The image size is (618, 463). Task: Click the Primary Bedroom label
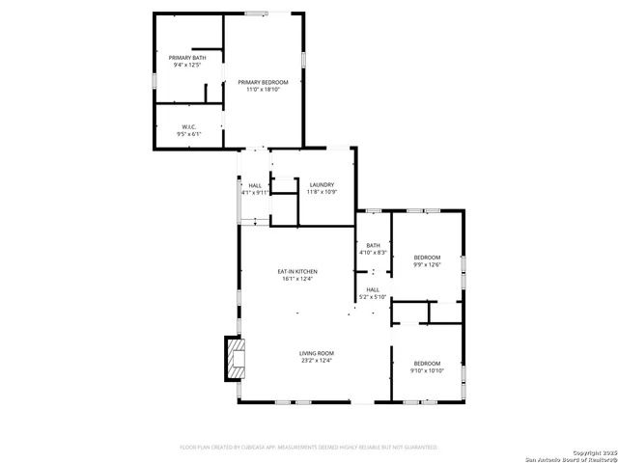click(264, 83)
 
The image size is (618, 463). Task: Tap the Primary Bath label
click(185, 59)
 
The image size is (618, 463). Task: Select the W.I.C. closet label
click(189, 126)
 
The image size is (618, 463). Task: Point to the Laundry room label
click(321, 184)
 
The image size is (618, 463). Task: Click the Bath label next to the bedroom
click(372, 245)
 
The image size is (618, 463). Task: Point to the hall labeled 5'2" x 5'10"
click(373, 293)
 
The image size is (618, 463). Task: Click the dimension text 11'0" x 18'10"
click(264, 90)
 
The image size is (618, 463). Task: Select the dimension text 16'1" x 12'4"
click(299, 279)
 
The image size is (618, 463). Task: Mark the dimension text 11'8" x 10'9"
click(321, 191)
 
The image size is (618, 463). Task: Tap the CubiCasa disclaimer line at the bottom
click(309, 448)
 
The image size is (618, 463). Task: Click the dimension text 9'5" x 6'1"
click(189, 134)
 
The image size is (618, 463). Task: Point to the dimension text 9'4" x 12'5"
click(185, 66)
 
